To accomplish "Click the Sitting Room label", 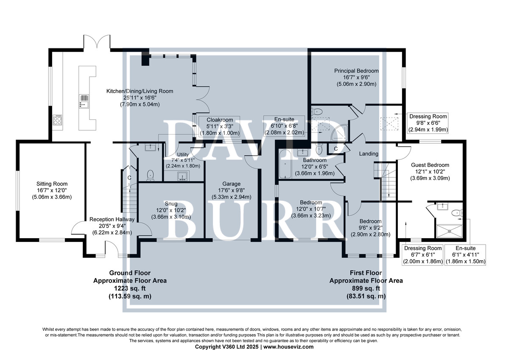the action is tap(52, 184).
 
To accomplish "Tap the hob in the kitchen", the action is tap(58, 120).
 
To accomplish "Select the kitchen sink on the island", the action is tap(84, 101).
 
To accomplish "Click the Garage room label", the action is tap(231, 184).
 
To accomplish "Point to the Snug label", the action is tap(171, 204).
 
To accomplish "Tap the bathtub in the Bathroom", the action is tap(285, 164).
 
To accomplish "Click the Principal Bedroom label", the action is tap(356, 71).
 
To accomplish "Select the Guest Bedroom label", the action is tap(430, 165).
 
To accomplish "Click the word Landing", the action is tap(369, 154).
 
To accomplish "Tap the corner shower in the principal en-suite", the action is tap(340, 132).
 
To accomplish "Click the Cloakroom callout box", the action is tap(220, 126).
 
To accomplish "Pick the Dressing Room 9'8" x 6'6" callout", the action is tap(428, 123).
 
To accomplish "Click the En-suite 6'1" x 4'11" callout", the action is tap(465, 255).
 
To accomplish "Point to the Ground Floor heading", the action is tap(130, 273).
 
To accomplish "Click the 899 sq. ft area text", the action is tap(366, 288).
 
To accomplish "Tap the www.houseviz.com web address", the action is tap(288, 347).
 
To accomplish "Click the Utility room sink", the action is tap(183, 176).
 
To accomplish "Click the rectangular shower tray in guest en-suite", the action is tap(449, 231).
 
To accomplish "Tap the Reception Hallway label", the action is tap(112, 219).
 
